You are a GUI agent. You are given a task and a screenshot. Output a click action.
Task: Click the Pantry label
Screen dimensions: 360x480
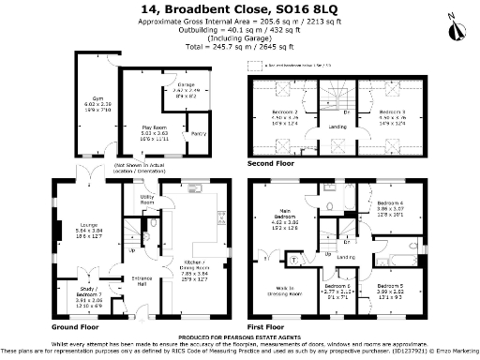(x=199, y=134)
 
